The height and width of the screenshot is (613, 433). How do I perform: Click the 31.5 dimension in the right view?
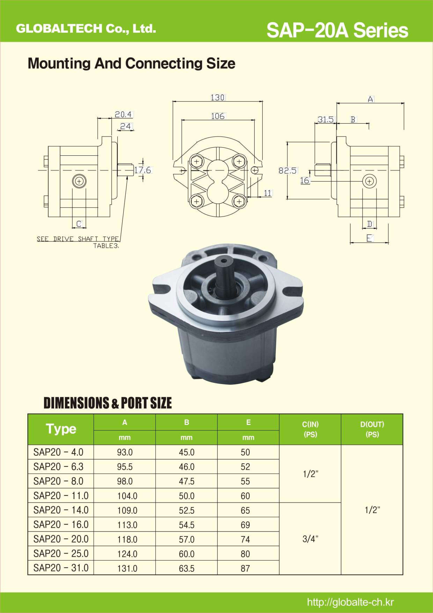tap(326, 119)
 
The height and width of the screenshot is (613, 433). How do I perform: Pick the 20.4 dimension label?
tap(123, 114)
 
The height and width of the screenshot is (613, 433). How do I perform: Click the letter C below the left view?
tap(79, 224)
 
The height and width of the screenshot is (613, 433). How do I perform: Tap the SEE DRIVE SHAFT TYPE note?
tap(78, 239)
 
